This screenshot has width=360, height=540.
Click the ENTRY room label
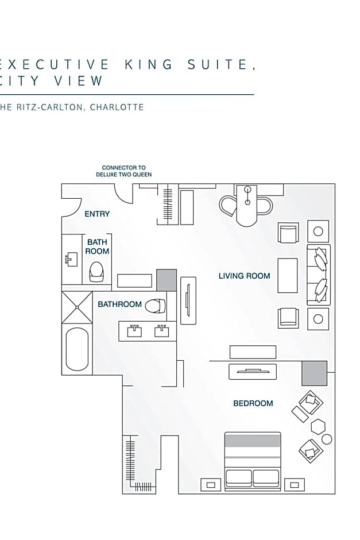(x=97, y=214)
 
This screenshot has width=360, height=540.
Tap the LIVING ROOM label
(x=244, y=276)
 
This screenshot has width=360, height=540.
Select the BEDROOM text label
(x=253, y=403)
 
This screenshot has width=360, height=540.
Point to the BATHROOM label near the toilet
(x=119, y=304)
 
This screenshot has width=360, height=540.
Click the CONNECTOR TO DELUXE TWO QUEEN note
(x=123, y=171)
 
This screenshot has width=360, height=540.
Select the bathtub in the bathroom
(x=77, y=349)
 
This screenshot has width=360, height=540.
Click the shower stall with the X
(x=77, y=307)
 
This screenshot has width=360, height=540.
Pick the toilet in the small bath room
(x=96, y=271)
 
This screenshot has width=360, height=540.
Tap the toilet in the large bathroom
(x=154, y=306)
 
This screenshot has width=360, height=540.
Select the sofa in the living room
(x=319, y=275)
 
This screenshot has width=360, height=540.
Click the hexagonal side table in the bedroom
(x=318, y=426)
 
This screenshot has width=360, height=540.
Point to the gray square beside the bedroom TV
(x=314, y=373)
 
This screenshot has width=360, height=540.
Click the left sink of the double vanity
(x=134, y=331)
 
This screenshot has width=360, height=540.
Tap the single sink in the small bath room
(x=71, y=259)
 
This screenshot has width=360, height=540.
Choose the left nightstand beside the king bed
(x=211, y=484)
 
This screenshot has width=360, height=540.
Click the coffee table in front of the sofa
(x=288, y=276)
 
